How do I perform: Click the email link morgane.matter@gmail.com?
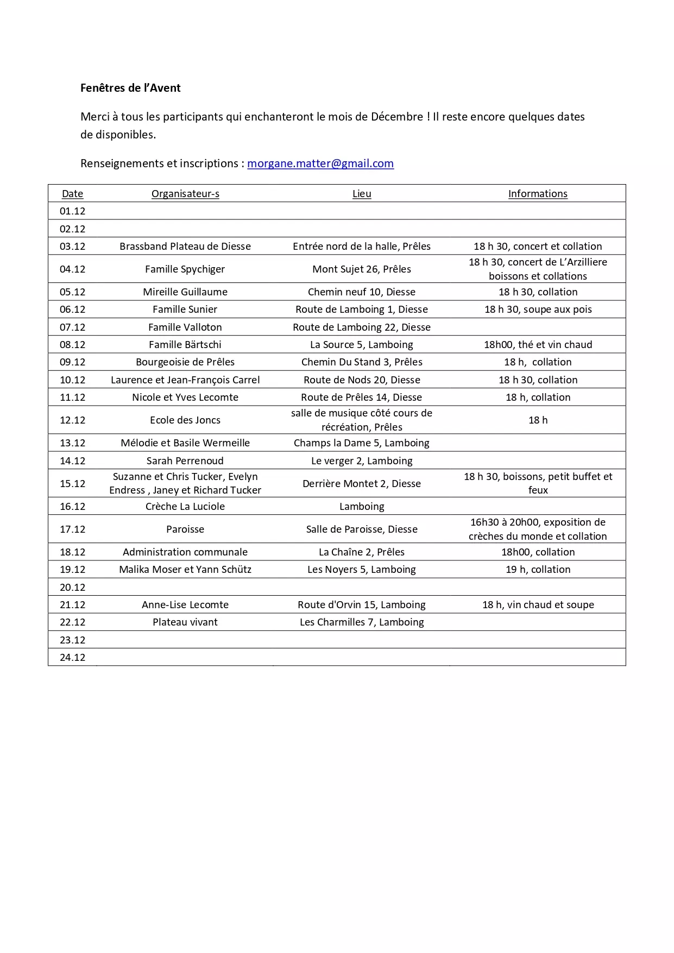(320, 163)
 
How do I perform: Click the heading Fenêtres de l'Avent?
(130, 88)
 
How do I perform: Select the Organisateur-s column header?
(185, 194)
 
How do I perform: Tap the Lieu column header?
(362, 194)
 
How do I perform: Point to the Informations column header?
(538, 194)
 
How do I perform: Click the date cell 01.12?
(73, 211)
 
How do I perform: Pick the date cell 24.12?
(73, 658)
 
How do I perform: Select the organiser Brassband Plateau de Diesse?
(185, 247)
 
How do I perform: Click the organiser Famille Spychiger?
(185, 269)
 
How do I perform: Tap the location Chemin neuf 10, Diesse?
(362, 292)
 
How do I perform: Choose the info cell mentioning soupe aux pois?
(538, 310)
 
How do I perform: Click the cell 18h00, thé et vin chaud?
(538, 345)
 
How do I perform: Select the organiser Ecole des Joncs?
(185, 420)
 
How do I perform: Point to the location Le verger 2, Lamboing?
(362, 461)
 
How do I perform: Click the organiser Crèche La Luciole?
(185, 507)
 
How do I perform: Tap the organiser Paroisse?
(185, 529)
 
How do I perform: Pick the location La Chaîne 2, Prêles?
(362, 552)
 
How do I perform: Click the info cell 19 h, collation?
(538, 570)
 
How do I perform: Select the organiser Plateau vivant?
(185, 622)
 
